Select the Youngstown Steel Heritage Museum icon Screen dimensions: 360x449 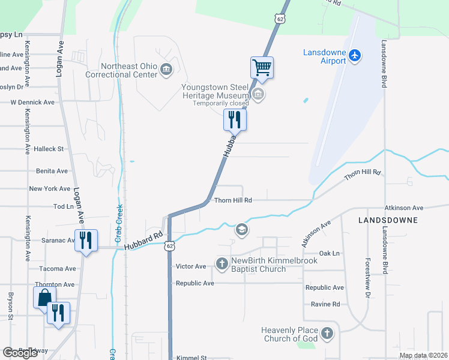point(258,94)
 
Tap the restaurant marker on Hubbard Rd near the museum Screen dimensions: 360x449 point(235,119)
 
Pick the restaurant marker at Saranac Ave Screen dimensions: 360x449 point(85,240)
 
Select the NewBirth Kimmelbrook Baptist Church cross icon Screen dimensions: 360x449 point(222,263)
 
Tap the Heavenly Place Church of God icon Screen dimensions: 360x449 point(327,333)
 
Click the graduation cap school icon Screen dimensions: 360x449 point(241,229)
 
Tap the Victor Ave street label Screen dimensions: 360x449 point(190,266)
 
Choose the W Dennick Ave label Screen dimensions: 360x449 point(32,103)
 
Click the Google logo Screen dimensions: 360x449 point(20,353)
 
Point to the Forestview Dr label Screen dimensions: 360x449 point(367,278)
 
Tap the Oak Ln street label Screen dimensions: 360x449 point(330,254)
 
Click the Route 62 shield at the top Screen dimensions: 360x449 point(280,19)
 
